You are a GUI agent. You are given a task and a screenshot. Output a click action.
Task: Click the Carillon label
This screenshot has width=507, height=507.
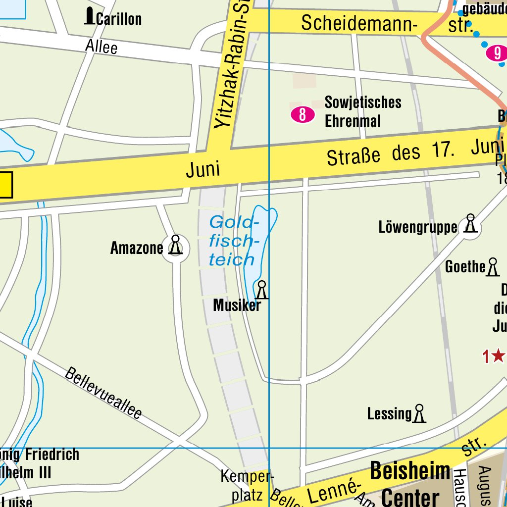click(x=119, y=19)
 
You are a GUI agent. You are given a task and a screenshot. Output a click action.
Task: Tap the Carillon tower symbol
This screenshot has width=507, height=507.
click(x=89, y=16)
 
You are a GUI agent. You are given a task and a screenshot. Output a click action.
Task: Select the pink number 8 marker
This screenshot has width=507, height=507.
click(x=303, y=115)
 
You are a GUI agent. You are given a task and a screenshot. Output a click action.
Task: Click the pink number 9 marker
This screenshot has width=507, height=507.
click(x=497, y=53)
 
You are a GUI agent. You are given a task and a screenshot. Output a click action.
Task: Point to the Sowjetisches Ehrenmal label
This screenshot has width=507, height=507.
click(x=362, y=112)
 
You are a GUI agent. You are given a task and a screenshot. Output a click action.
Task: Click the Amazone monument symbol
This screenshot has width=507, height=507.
click(x=175, y=246)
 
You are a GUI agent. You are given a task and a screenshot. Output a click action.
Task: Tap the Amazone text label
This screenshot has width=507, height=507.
click(x=136, y=248)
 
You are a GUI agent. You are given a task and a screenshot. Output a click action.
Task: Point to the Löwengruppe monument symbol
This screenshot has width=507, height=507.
click(x=470, y=224)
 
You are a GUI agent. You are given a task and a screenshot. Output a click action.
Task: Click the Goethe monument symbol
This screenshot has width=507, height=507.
click(x=492, y=267)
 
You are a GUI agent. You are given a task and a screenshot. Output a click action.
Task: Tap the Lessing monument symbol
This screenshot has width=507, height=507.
click(x=419, y=413)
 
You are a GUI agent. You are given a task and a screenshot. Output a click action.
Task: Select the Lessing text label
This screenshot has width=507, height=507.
click(x=389, y=414)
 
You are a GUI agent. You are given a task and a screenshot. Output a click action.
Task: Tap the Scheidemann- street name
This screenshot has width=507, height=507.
click(x=359, y=23)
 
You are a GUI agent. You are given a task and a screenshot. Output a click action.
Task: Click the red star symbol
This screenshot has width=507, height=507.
click(x=498, y=355)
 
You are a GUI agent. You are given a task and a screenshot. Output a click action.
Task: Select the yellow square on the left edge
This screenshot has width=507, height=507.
click(x=5, y=185)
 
